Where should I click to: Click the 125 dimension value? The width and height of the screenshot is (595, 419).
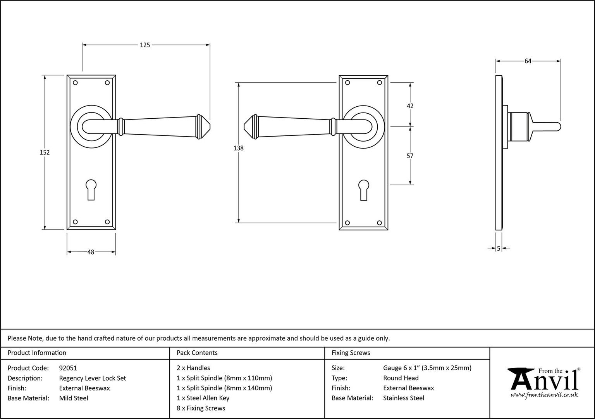click(145, 45)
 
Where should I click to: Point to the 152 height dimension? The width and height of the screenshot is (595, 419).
click(45, 152)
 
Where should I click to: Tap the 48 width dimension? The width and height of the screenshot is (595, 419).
click(91, 252)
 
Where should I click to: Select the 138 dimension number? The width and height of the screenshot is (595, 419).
click(239, 148)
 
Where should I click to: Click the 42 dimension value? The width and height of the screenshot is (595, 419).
click(410, 106)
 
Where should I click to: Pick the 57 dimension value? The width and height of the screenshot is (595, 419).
click(410, 156)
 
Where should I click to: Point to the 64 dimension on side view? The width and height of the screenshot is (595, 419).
click(528, 61)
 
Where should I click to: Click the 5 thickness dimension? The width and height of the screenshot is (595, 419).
click(499, 248)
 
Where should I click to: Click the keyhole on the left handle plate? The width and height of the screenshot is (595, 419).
click(91, 190)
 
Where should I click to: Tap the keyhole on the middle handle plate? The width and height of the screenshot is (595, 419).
click(364, 190)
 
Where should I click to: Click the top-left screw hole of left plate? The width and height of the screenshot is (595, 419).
click(75, 83)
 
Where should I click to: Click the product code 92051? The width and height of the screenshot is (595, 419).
click(68, 368)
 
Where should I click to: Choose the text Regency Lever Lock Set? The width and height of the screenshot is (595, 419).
click(93, 378)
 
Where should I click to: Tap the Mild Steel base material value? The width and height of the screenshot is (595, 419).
click(74, 398)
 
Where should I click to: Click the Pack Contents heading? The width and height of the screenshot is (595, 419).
click(197, 353)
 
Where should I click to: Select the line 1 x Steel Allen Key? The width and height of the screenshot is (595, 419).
click(203, 398)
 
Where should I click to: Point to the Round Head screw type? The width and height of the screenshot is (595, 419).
click(401, 378)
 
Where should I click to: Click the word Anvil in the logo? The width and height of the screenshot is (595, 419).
click(545, 381)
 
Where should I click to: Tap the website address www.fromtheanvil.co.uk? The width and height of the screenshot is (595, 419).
click(544, 395)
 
